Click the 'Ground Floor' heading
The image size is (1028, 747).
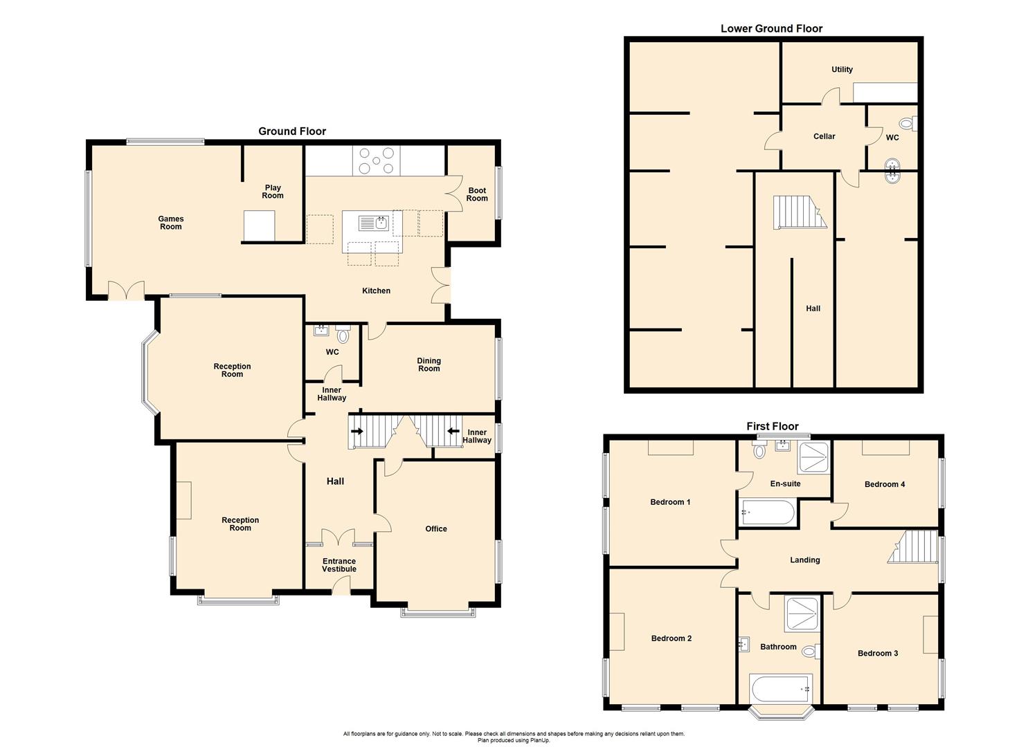point(291,131)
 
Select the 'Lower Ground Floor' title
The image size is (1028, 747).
point(771,28)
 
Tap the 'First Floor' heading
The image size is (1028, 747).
point(772,427)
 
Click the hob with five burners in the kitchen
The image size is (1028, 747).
point(376,160)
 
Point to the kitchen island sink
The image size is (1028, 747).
point(372,223)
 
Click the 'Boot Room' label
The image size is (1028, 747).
point(476,194)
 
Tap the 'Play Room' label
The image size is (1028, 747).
point(273,192)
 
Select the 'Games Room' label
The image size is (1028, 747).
point(170,223)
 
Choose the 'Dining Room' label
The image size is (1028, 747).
point(429,365)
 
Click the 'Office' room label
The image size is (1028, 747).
point(435,529)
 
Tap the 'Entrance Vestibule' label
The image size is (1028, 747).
point(339,565)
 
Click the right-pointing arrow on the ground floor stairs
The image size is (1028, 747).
point(357,431)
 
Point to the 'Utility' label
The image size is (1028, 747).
point(842,70)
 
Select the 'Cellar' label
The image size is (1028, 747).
point(824,137)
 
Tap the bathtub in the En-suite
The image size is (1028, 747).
point(767,513)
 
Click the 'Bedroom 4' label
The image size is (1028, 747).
point(884,485)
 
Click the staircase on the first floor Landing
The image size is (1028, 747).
point(912,547)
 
